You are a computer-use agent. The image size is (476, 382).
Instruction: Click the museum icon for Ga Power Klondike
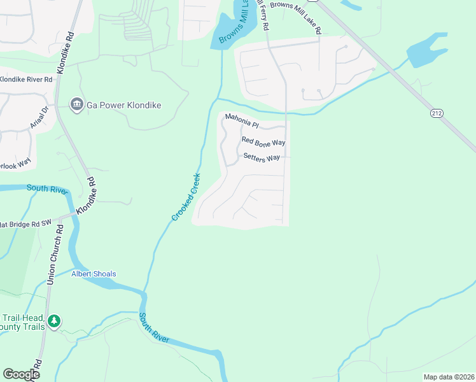[x=76, y=104]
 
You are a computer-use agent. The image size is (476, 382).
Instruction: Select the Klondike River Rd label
[x=25, y=80]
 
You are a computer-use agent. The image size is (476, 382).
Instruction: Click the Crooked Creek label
[x=186, y=197]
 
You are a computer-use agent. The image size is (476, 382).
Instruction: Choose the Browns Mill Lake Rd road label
[x=295, y=17]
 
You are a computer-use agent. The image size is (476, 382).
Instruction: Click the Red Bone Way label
[x=263, y=141]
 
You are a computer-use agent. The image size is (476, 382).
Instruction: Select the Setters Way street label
[x=261, y=157]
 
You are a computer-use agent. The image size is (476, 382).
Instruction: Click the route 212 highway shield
[x=436, y=113]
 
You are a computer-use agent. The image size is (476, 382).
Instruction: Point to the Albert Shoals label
[x=94, y=274]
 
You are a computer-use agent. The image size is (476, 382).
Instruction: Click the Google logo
[x=22, y=374]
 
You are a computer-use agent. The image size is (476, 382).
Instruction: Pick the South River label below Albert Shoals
[x=154, y=328]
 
